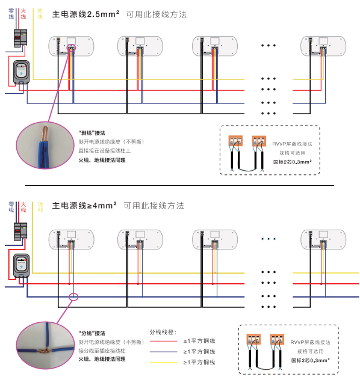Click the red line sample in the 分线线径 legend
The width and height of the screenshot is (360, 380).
pyautogui.click(x=163, y=341)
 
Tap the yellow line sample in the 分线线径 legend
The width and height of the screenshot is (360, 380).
pyautogui.click(x=163, y=362)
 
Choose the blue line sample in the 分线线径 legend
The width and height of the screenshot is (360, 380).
pyautogui.click(x=163, y=352)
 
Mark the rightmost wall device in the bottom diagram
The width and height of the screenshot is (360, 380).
pyautogui.click(x=323, y=238)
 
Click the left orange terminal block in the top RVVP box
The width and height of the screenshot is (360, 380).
pyautogui.click(x=235, y=142)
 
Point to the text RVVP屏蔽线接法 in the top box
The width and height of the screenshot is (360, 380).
pyautogui.click(x=292, y=144)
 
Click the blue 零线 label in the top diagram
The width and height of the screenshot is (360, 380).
pyautogui.click(x=11, y=14)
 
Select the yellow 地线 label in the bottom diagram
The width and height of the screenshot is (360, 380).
pyautogui.click(x=40, y=206)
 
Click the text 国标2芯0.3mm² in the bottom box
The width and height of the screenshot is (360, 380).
pyautogui.click(x=309, y=360)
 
